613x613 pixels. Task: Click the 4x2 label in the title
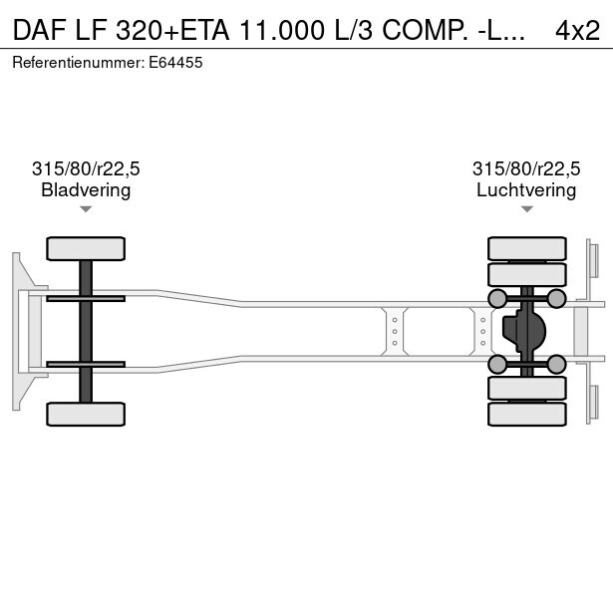point(577,31)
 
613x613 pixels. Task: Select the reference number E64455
point(175,63)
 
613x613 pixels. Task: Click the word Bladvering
point(86,190)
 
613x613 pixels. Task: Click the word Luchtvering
point(526,190)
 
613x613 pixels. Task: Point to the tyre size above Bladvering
point(86,168)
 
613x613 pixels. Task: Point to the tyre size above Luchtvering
point(526,168)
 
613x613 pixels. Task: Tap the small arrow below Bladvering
point(86,209)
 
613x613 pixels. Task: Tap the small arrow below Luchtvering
point(527,209)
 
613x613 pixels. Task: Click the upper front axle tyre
point(86,248)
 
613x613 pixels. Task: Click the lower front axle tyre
point(86,414)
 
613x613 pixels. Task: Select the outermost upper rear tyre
point(527,248)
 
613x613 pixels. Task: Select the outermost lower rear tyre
point(527,414)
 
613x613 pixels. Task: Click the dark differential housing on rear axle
point(523,331)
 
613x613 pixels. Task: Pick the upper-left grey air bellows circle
point(497,299)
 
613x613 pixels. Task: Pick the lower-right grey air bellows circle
point(556,365)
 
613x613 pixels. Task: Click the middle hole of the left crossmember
point(395,332)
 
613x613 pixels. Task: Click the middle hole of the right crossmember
point(482,332)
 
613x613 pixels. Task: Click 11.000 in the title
point(281,31)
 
